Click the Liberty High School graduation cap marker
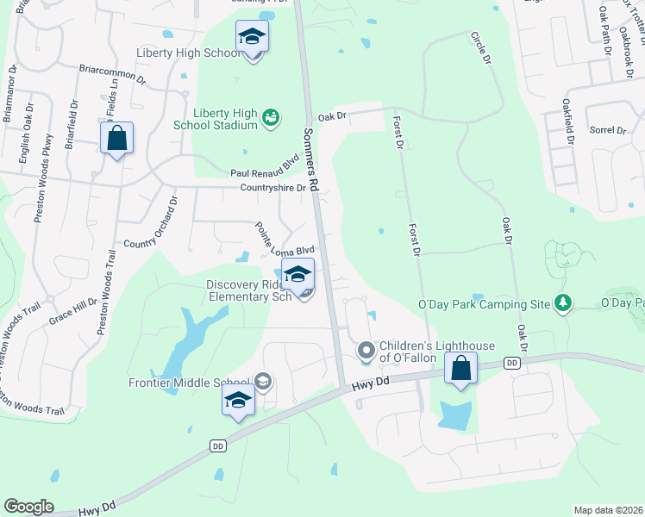point(252,37)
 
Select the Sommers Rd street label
point(312,160)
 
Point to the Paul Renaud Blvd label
point(262,172)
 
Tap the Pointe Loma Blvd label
point(284,240)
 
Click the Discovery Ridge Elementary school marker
point(298,277)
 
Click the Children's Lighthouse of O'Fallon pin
point(366,351)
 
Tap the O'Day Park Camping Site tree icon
point(563,302)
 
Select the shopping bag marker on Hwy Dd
point(461,370)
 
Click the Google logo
point(28,507)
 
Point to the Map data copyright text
point(608,510)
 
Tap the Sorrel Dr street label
point(608,130)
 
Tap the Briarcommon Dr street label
point(112,72)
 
